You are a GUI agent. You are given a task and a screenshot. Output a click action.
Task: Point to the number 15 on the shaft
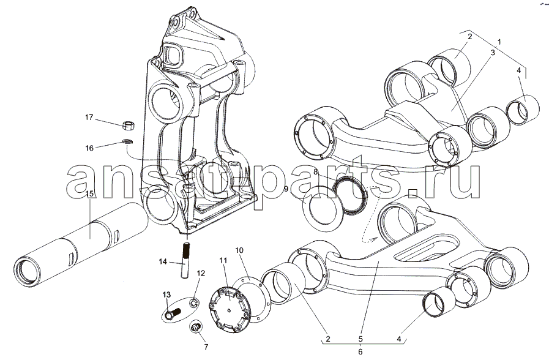[89, 195]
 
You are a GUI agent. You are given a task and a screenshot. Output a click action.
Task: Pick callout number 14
[163, 262]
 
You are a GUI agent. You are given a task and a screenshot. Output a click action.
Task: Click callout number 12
[201, 273]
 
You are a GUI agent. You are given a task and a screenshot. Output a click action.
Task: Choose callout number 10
[239, 250]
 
